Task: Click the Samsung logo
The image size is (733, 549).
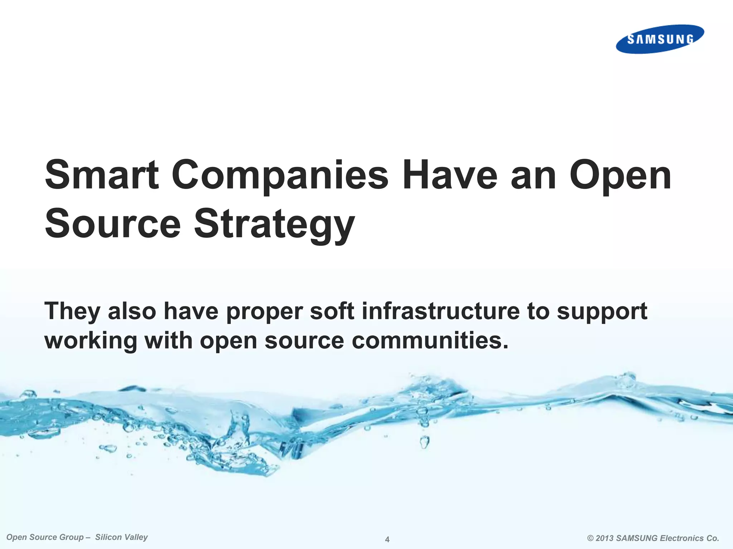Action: click(x=660, y=39)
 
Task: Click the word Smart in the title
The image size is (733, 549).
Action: click(x=102, y=175)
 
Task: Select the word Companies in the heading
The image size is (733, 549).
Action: click(x=280, y=176)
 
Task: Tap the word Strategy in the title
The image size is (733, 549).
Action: click(x=274, y=224)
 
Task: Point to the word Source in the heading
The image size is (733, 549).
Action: click(x=113, y=224)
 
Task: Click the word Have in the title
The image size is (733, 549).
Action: click(x=450, y=175)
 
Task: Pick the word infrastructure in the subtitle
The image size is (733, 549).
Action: click(x=441, y=311)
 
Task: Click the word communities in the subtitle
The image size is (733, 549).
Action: click(x=430, y=340)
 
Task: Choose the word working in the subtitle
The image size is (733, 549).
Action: click(x=91, y=341)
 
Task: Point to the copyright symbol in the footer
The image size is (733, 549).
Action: click(x=591, y=538)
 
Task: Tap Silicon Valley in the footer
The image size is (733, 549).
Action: click(x=121, y=537)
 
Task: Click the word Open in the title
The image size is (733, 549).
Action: click(x=620, y=176)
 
